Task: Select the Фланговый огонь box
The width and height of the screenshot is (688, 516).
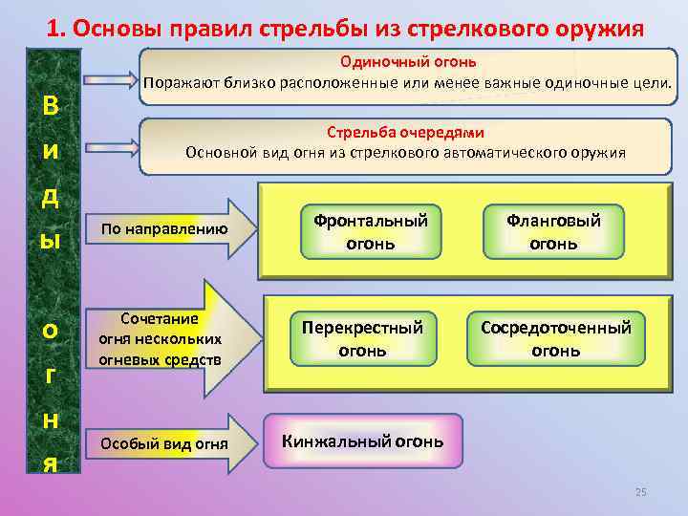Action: (x=554, y=231)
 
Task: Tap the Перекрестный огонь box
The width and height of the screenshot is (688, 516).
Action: (x=362, y=338)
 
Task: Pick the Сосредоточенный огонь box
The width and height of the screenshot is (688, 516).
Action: (x=555, y=338)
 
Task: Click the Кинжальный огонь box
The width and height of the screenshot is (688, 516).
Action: (x=362, y=441)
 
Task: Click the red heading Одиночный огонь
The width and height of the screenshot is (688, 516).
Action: (x=408, y=62)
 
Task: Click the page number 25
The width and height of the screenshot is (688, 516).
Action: (x=641, y=492)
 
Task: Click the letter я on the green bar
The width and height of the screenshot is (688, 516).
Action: (x=50, y=463)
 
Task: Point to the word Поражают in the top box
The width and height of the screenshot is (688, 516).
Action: (x=183, y=82)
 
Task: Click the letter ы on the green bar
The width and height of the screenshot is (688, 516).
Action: (x=50, y=239)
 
